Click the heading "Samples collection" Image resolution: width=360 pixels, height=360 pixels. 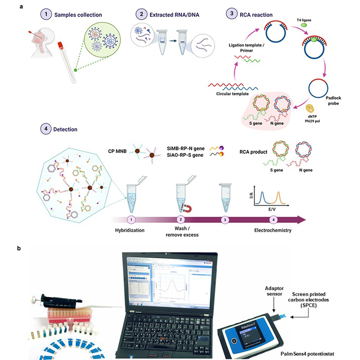coord(80,14)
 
